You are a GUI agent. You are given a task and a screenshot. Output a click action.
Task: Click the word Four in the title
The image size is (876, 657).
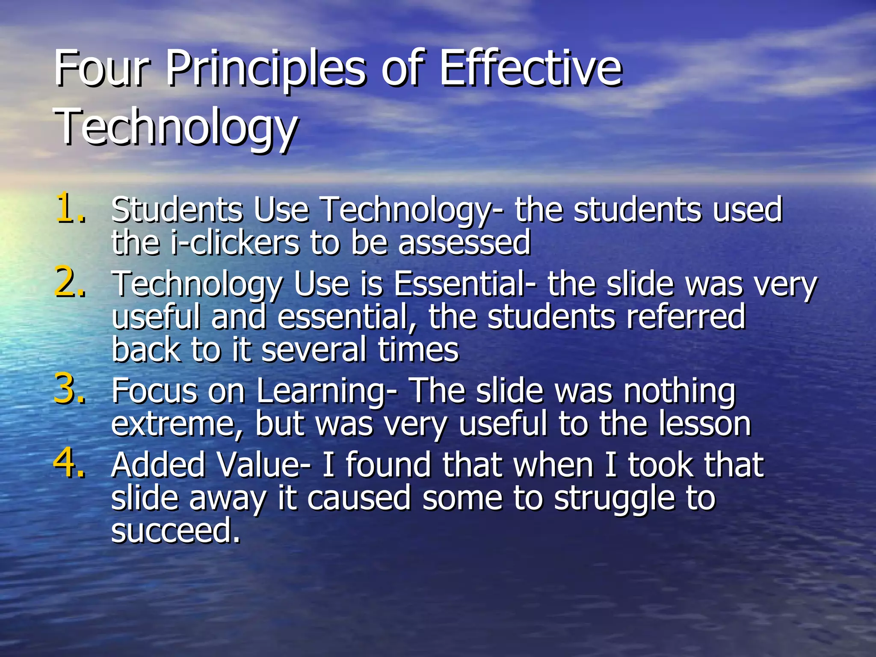tap(101, 68)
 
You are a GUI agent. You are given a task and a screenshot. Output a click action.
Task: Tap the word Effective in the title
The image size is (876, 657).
tap(530, 68)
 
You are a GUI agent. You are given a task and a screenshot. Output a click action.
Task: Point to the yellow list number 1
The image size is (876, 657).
tap(68, 208)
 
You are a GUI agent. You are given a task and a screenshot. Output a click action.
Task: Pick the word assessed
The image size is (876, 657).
tap(464, 243)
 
